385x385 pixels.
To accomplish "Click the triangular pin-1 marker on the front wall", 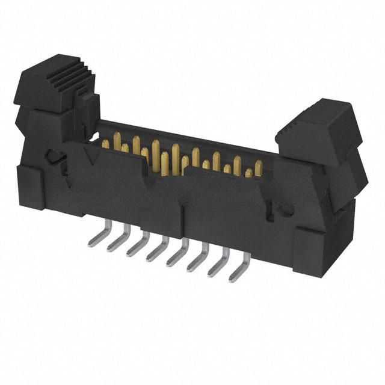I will [91, 158].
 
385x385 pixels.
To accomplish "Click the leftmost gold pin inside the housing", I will [106, 143].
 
